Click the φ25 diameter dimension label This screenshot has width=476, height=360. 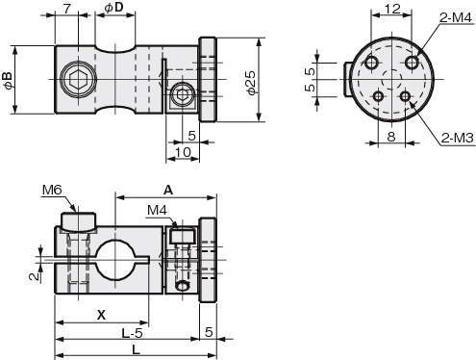coord(251,83)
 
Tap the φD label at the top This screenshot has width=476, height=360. coord(114,8)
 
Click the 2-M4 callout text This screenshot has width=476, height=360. coord(455,18)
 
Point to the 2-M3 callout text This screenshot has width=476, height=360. coord(457,138)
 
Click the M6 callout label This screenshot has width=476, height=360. coord(52,190)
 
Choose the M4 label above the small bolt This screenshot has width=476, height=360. coord(157,211)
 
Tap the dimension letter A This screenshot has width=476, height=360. coord(168,191)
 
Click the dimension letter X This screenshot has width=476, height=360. coord(101,316)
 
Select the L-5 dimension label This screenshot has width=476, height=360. coord(132,334)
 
